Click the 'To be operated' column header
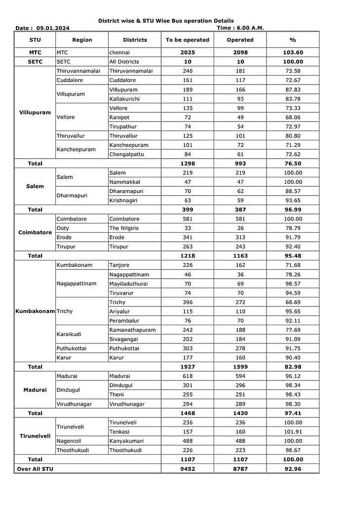[187, 40]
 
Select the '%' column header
[293, 40]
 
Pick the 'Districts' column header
[135, 40]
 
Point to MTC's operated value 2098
[240, 52]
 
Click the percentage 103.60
[293, 52]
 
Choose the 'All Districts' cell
[124, 62]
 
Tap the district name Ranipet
[119, 117]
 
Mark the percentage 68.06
[293, 117]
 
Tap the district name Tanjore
[119, 265]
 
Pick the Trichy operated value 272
[240, 302]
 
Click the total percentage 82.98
[293, 367]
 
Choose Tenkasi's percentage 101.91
[293, 432]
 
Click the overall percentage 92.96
[293, 469]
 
